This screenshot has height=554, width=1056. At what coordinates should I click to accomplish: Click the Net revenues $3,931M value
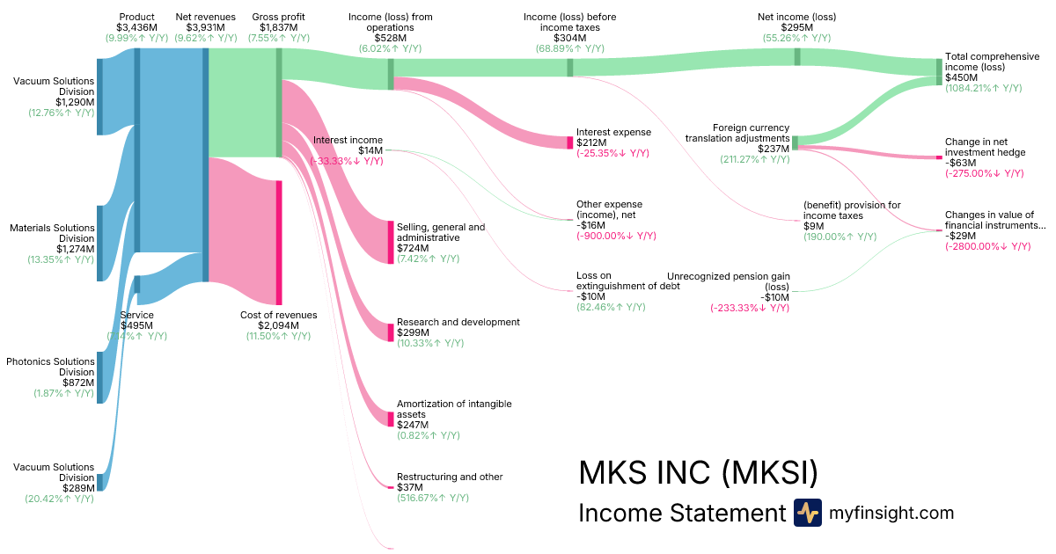205,27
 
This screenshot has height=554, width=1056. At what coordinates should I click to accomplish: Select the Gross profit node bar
279,102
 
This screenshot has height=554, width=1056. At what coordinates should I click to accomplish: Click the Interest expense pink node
569,142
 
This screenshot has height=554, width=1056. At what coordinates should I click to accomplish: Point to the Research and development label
458,322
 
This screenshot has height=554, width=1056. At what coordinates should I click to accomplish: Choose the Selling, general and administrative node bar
391,242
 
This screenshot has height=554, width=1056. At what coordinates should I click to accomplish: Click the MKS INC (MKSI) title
698,473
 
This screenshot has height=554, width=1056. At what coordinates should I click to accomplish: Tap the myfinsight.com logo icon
807,513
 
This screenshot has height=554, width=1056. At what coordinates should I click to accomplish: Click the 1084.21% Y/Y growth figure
983,89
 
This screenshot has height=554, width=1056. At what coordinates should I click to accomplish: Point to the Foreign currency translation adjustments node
795,142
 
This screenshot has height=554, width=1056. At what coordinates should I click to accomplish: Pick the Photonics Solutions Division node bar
99,377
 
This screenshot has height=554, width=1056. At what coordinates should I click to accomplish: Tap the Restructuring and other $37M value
410,487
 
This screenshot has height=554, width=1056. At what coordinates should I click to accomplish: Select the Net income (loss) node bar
797,56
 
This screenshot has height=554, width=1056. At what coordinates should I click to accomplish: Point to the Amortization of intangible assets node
391,419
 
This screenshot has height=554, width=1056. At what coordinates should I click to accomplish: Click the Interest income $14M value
370,150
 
